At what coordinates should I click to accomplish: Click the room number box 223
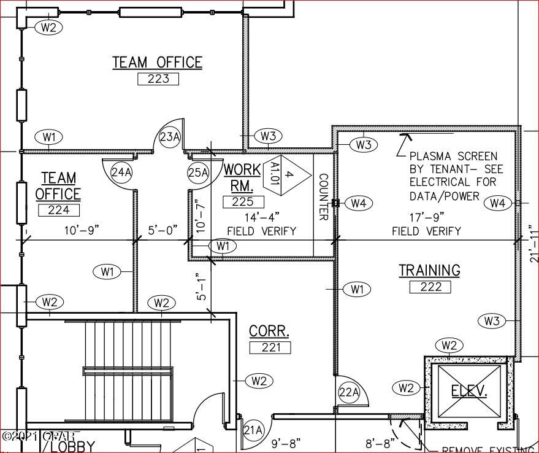tap(158, 79)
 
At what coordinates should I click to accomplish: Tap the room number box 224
tap(59, 210)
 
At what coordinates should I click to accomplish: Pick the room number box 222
tap(430, 287)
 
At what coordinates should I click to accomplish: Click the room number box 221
tap(270, 347)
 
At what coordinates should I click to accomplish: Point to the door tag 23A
tap(170, 137)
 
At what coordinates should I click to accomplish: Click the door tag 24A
tap(121, 172)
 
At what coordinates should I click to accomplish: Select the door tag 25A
tap(198, 172)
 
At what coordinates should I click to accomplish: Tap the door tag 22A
tap(349, 392)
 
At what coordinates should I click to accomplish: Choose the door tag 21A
tap(253, 429)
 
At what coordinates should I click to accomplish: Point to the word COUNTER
tap(324, 196)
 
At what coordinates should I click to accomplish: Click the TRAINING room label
tap(429, 270)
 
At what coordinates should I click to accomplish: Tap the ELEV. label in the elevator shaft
tap(469, 390)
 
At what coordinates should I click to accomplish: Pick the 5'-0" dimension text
tap(162, 230)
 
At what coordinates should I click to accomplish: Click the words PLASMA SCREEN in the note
tap(453, 157)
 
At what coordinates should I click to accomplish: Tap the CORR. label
tap(269, 331)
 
